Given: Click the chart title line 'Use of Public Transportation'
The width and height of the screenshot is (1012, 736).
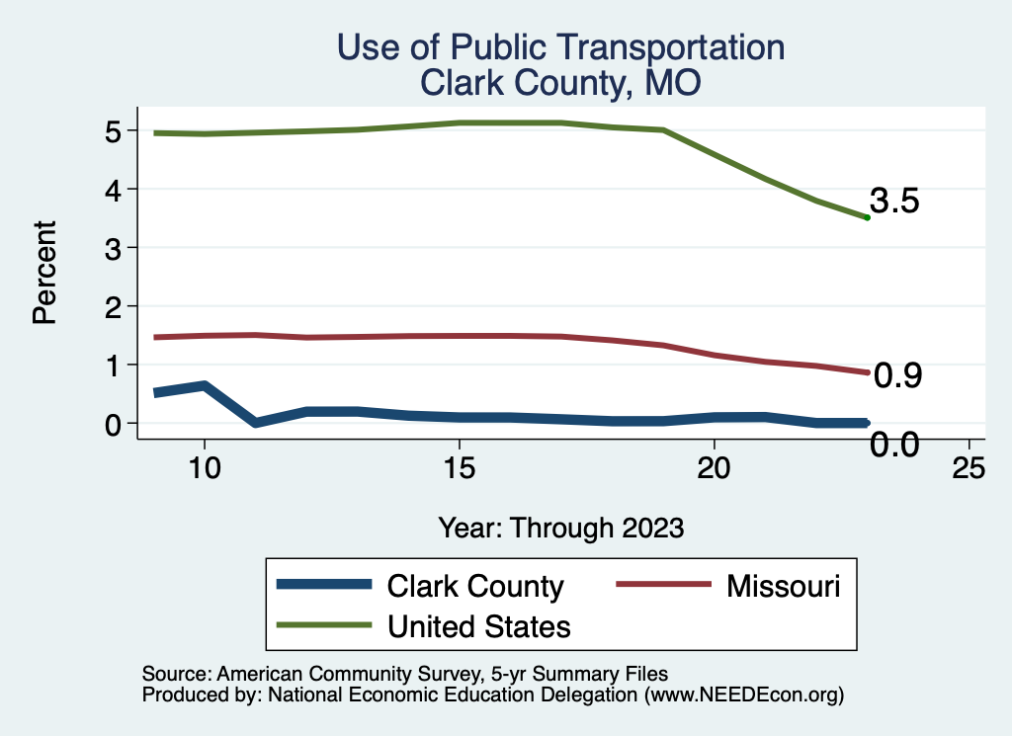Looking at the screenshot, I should coord(560,47).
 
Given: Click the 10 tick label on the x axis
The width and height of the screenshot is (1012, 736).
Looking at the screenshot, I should coord(204,468).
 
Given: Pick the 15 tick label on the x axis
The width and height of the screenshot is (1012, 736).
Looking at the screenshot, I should coord(459,468).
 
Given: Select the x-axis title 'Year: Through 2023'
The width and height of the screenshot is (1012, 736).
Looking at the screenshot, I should coord(560,528).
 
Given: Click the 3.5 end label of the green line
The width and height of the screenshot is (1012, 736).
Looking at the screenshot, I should coord(895,202).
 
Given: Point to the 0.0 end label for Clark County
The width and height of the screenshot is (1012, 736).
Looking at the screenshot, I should coord(895,446).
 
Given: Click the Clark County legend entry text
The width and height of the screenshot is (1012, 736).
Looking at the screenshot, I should coord(475,586).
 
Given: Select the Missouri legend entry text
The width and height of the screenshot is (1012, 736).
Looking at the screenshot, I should coord(784,586).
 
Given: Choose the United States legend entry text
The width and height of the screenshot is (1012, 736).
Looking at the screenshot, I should coord(479,625).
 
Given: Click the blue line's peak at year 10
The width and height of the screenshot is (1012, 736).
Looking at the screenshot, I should coord(204,385).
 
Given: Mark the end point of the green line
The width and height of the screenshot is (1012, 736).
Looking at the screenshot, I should coord(867,217).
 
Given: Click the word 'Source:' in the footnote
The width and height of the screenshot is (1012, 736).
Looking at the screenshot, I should coord(174,674).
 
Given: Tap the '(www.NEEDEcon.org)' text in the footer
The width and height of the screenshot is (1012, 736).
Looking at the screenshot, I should coord(744,695).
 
